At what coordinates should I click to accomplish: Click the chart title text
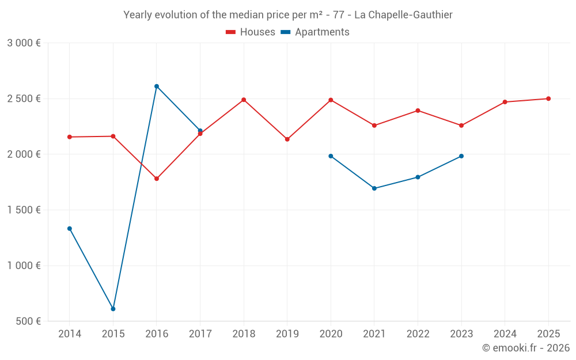287,14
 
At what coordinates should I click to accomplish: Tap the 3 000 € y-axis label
24,43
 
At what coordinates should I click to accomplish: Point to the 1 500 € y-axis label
24,210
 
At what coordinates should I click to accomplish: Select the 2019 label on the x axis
287,334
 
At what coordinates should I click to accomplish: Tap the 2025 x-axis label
548,334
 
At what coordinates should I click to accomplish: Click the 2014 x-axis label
70,334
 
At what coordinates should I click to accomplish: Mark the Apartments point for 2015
113,309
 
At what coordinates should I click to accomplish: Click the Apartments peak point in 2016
157,86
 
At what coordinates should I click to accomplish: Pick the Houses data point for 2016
157,179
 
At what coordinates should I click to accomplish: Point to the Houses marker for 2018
244,100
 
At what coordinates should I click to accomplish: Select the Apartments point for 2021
374,188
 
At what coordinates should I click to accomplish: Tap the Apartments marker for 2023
461,156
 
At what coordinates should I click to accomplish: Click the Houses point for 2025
548,98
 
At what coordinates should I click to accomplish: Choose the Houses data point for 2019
287,139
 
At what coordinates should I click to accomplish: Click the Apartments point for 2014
70,229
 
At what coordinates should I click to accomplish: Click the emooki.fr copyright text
525,348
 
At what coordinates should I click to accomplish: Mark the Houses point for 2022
418,111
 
